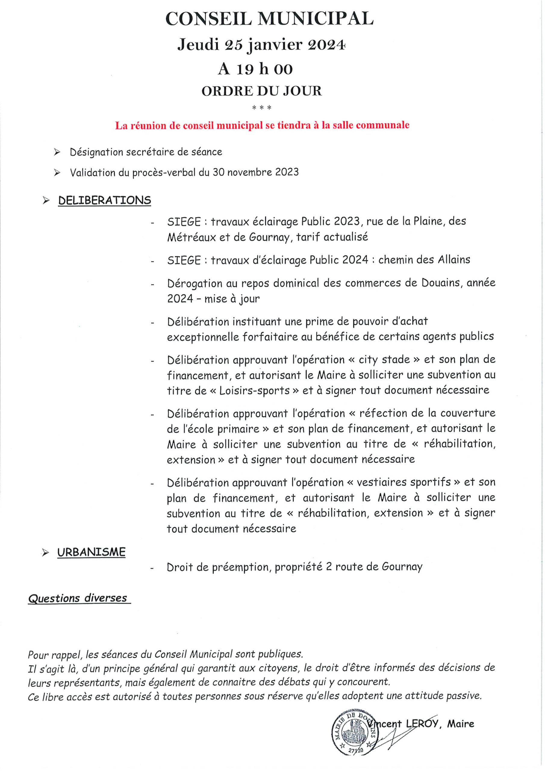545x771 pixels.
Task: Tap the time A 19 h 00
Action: click(255, 69)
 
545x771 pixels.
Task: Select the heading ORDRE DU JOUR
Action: click(262, 91)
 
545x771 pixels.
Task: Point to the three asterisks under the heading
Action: click(262, 108)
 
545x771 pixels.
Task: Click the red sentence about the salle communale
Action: click(262, 126)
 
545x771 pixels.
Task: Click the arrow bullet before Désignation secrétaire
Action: click(57, 152)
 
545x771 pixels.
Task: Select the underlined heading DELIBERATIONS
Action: click(104, 201)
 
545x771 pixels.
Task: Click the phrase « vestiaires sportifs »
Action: click(403, 482)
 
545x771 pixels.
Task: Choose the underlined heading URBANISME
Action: click(91, 552)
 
